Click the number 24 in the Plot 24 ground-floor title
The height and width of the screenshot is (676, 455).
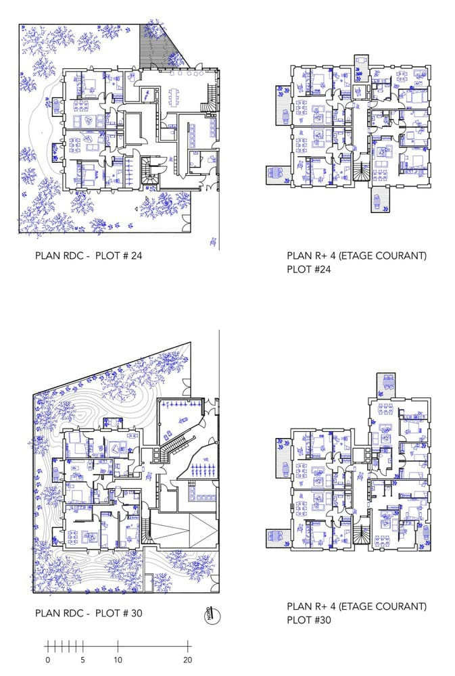(136, 256)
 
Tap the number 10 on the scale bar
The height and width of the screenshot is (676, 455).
(118, 660)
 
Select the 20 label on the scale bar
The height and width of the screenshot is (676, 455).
(187, 660)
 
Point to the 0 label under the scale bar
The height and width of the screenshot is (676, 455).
(48, 660)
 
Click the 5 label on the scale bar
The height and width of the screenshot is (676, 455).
(82, 660)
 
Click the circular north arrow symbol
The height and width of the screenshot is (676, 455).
(210, 614)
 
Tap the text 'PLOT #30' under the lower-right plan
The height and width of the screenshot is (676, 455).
(309, 620)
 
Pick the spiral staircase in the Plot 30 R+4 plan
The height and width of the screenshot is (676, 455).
(362, 534)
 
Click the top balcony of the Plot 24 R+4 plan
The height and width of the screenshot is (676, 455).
(361, 67)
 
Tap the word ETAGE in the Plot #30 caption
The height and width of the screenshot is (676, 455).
(356, 606)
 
